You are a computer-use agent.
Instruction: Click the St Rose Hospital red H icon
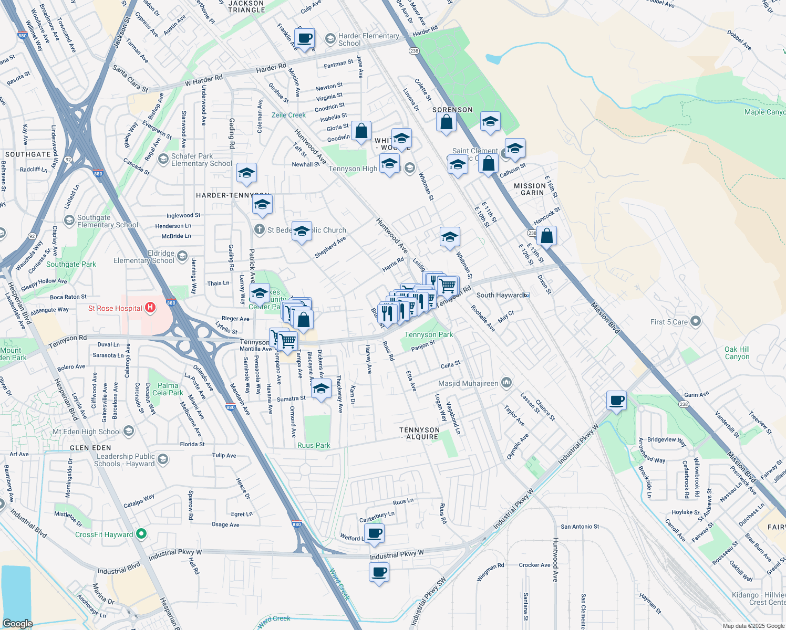click(x=150, y=308)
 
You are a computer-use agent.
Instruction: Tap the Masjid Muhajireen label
click(x=468, y=383)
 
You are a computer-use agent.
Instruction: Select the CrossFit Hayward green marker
click(x=141, y=534)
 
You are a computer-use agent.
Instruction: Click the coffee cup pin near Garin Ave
click(x=616, y=401)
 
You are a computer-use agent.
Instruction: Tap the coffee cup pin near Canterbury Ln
click(x=374, y=533)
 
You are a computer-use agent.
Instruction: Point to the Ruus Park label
click(x=314, y=445)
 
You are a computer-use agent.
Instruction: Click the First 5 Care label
click(x=669, y=322)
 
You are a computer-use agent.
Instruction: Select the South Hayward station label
click(x=500, y=295)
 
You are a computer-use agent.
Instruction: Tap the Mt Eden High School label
click(x=87, y=432)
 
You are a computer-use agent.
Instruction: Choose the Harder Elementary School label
click(x=368, y=39)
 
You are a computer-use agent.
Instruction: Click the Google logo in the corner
click(x=17, y=623)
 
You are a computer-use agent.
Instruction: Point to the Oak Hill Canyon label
click(x=737, y=353)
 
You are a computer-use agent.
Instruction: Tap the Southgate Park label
click(x=71, y=264)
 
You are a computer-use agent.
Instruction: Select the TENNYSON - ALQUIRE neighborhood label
click(x=419, y=433)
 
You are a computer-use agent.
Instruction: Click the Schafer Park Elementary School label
click(x=201, y=160)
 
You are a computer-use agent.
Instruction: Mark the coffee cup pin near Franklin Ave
click(x=305, y=38)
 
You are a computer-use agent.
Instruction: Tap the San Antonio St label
click(x=580, y=527)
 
